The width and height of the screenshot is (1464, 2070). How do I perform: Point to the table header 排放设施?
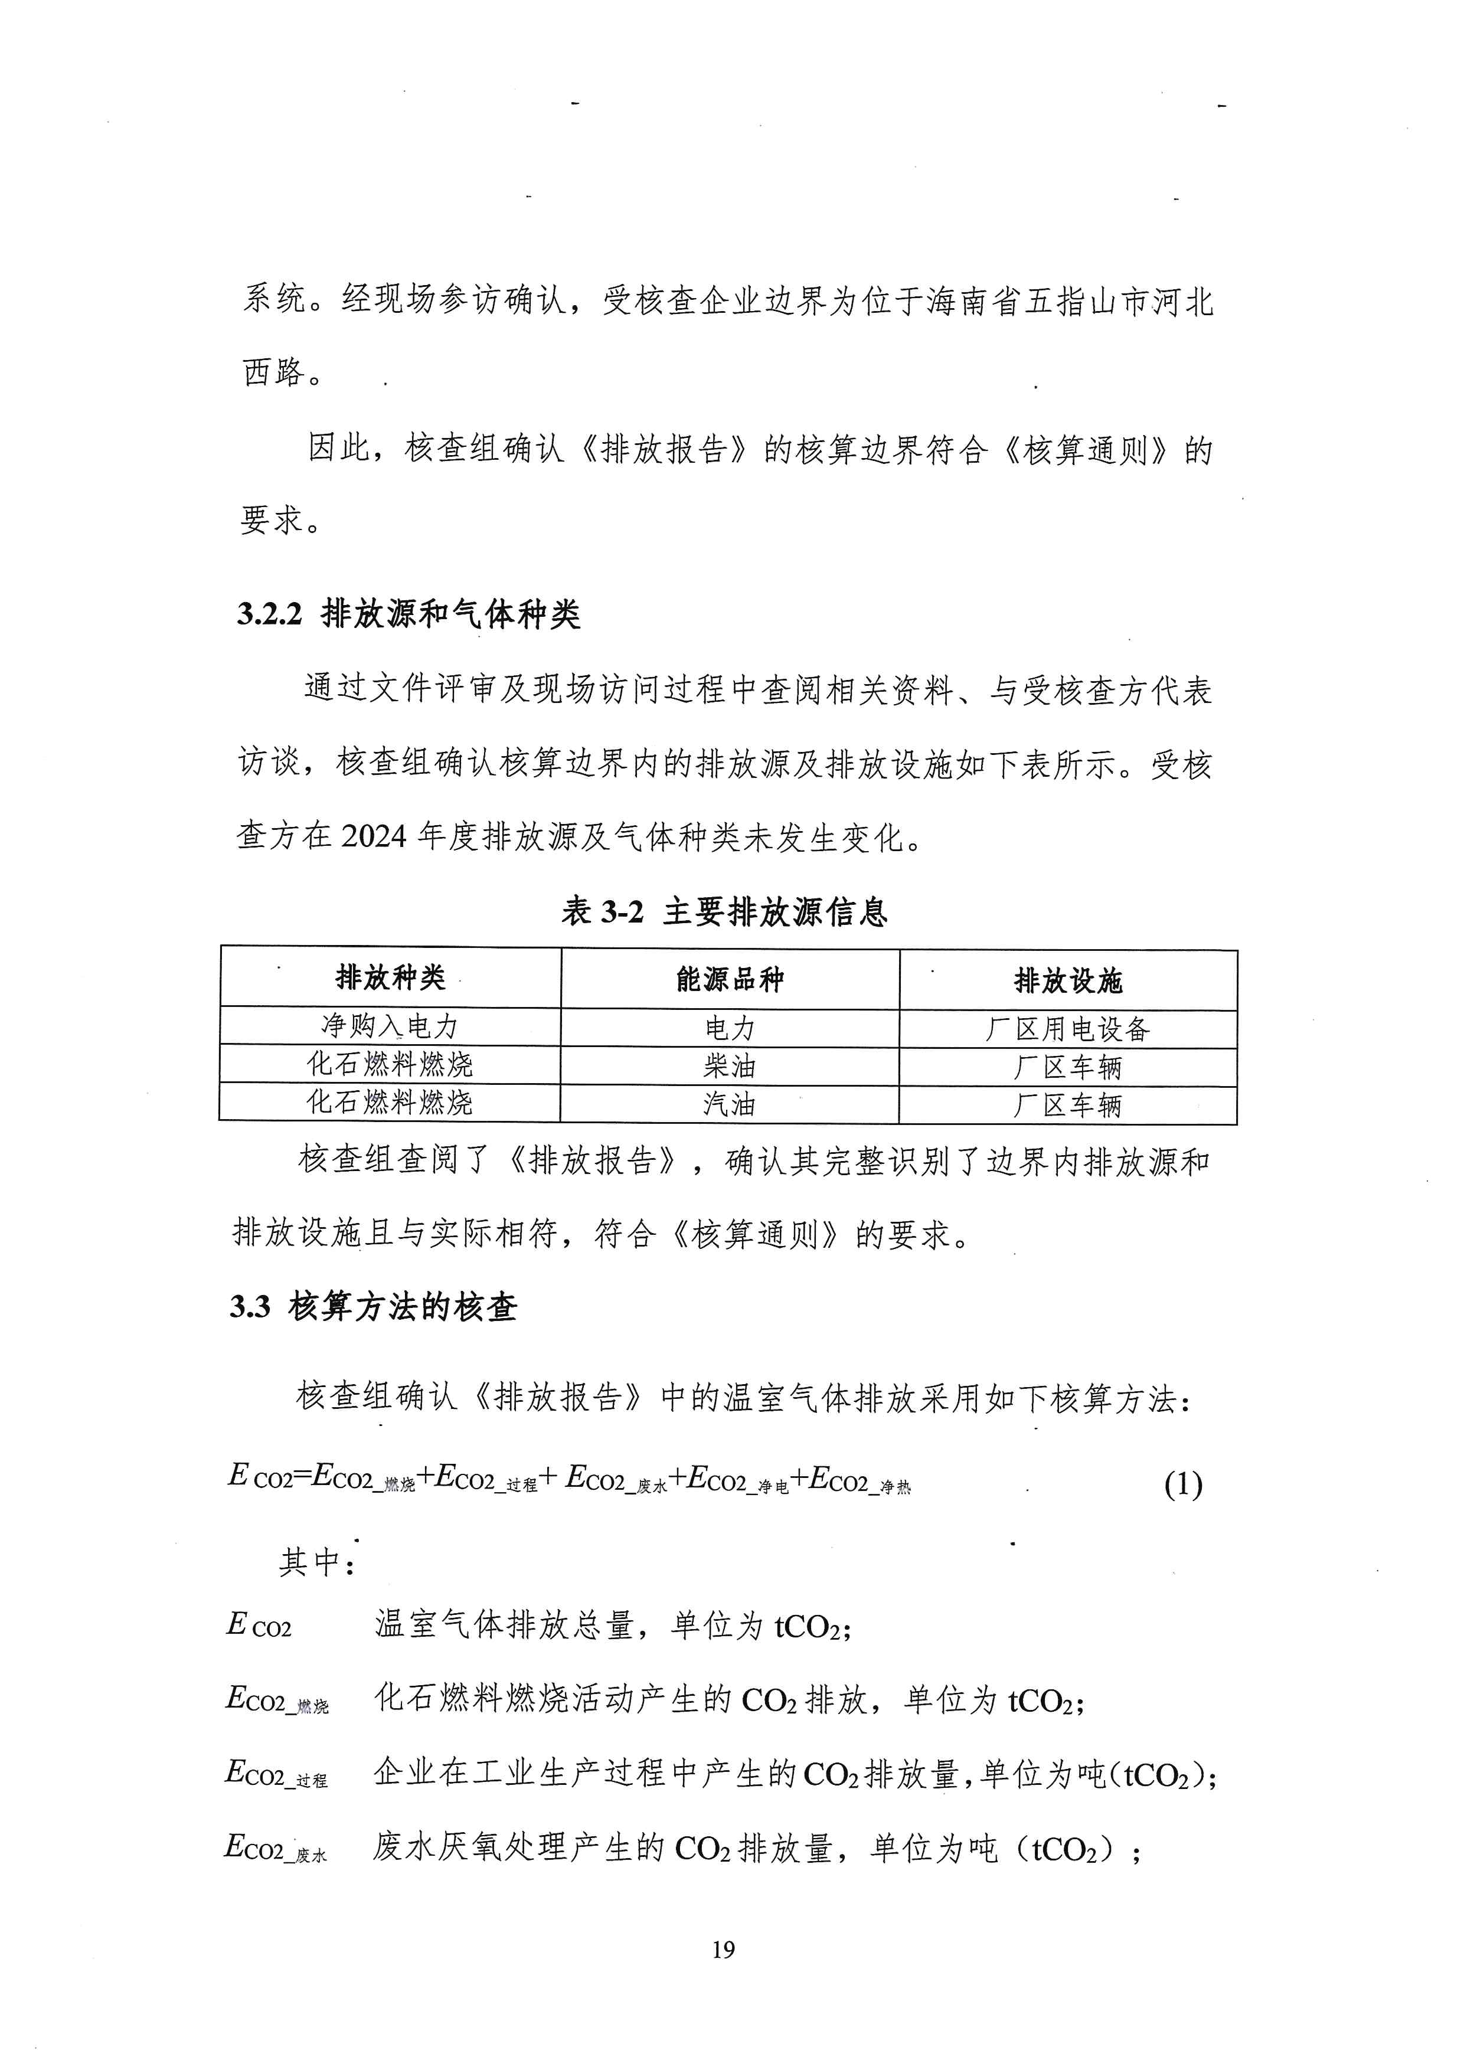1068,980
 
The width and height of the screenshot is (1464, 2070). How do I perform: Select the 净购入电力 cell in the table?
390,1026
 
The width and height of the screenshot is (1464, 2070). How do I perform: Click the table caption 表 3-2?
602,911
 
